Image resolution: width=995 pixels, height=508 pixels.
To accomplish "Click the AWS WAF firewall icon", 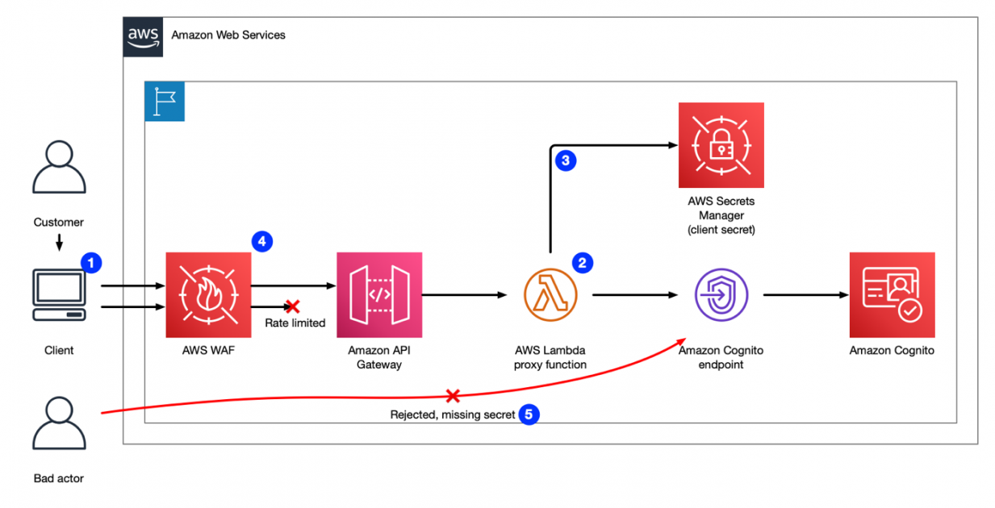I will click(208, 294).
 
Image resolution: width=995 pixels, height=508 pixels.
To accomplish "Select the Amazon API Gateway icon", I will click(379, 294).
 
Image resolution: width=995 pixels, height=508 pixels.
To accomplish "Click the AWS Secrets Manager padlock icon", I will click(721, 145).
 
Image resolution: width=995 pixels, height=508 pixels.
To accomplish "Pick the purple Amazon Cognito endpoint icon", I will click(721, 295).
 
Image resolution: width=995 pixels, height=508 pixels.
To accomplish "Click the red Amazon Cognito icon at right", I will click(892, 294).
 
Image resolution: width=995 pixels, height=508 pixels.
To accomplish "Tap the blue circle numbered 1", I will click(91, 262).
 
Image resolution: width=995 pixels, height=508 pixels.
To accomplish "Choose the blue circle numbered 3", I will click(565, 160).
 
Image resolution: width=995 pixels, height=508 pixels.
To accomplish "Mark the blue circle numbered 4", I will click(261, 240).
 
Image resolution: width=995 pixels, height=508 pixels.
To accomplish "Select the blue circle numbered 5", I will click(529, 414).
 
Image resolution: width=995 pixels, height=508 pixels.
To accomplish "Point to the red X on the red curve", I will click(453, 396).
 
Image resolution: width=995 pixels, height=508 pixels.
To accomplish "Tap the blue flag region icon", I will click(165, 102).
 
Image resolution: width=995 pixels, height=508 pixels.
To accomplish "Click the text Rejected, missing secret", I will click(452, 415).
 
